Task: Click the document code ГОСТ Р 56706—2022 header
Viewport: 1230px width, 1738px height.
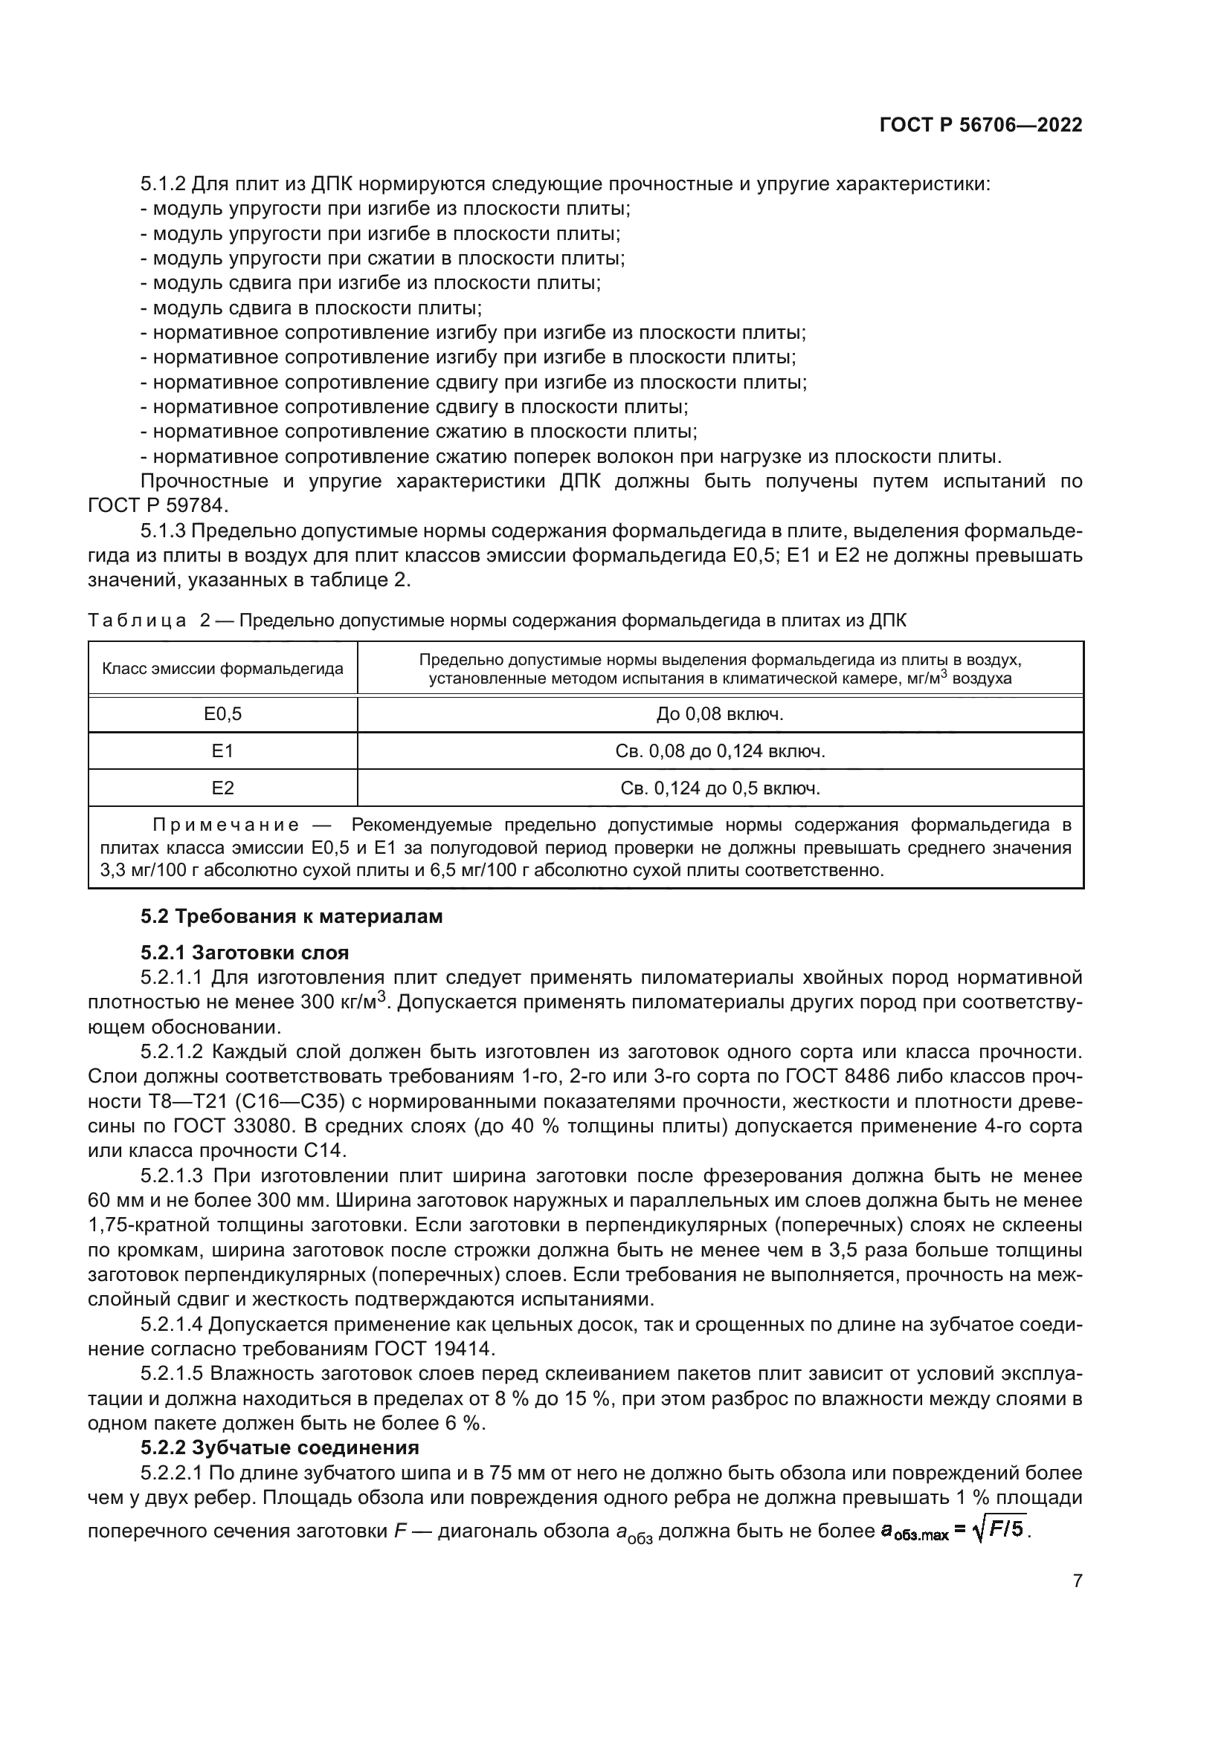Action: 981,126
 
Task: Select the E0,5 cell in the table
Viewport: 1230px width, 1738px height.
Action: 222,714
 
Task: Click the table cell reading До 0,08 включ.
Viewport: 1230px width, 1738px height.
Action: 720,714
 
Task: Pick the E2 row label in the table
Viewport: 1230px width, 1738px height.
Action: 222,788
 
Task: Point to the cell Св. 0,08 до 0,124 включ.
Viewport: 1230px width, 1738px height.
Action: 720,751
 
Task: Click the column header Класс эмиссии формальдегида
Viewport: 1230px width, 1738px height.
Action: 222,669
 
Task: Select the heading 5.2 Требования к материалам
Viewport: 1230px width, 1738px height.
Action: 292,917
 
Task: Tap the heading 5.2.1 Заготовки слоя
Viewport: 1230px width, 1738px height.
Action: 245,953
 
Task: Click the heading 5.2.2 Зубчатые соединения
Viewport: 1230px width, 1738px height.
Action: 280,1447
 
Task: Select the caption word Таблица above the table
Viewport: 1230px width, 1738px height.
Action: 137,621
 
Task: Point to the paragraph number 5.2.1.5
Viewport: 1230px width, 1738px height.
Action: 172,1374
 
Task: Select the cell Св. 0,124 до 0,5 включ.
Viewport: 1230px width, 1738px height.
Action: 720,788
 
